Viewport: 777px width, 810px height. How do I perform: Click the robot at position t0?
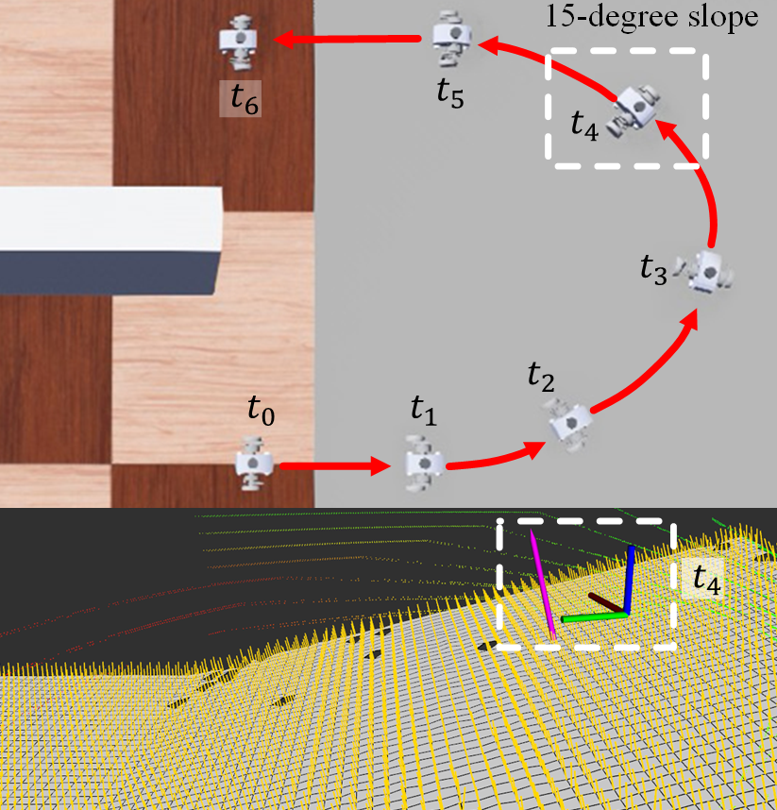pyautogui.click(x=253, y=463)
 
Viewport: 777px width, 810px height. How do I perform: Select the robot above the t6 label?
pyautogui.click(x=238, y=42)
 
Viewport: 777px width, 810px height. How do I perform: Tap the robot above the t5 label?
pyautogui.click(x=452, y=37)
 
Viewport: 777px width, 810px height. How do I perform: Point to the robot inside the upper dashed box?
pyautogui.click(x=635, y=110)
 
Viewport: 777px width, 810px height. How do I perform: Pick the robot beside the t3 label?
pyautogui.click(x=705, y=272)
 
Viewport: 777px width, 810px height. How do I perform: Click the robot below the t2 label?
pyautogui.click(x=570, y=425)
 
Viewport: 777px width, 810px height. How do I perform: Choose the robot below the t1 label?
pyautogui.click(x=424, y=463)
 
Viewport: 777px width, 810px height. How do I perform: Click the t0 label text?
pyautogui.click(x=261, y=412)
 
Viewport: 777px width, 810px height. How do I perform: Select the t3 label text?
pyautogui.click(x=653, y=270)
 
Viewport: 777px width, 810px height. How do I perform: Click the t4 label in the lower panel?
pyautogui.click(x=706, y=579)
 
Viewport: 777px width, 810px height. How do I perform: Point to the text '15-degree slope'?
pyautogui.click(x=652, y=17)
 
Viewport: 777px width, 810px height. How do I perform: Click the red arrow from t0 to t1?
pyautogui.click(x=335, y=466)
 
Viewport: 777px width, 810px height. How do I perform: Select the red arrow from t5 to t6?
pyautogui.click(x=347, y=40)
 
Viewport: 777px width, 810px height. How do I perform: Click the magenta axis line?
pyautogui.click(x=543, y=584)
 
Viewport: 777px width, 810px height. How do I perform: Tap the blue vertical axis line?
pyautogui.click(x=629, y=580)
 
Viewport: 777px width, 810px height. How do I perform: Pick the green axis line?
pyautogui.click(x=594, y=616)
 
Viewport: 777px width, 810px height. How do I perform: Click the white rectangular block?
pyautogui.click(x=110, y=241)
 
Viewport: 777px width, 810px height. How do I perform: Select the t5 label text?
pyautogui.click(x=450, y=93)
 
